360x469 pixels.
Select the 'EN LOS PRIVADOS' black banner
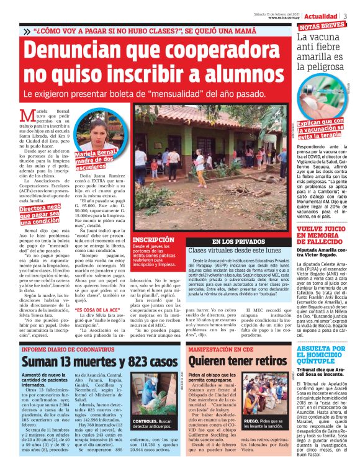(238, 241)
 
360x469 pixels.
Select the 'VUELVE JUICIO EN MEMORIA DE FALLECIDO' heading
(322, 238)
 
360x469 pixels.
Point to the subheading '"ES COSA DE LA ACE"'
(96, 310)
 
